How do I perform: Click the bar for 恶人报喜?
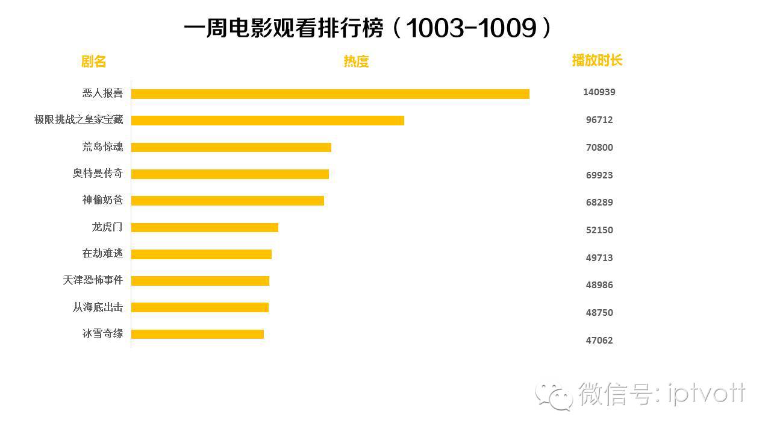(x=330, y=94)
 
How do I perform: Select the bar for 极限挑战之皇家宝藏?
(x=267, y=121)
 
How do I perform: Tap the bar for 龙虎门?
(x=205, y=227)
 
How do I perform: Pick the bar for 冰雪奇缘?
(x=198, y=334)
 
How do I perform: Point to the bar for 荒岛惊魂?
(x=231, y=147)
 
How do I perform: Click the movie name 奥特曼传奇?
(x=98, y=174)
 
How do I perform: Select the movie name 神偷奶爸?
(x=102, y=200)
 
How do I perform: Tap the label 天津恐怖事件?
(x=93, y=280)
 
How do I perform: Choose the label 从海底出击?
(x=98, y=307)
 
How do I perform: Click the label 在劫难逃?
(x=102, y=254)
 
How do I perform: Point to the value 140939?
(x=599, y=92)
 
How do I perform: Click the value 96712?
(x=599, y=120)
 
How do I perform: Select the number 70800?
(x=599, y=148)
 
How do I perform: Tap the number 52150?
(x=599, y=230)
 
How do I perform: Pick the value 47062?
(x=599, y=341)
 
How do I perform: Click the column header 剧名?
(x=93, y=61)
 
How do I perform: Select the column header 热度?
(x=356, y=61)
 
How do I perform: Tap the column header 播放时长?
(x=597, y=60)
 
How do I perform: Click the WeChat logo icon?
(x=554, y=395)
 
